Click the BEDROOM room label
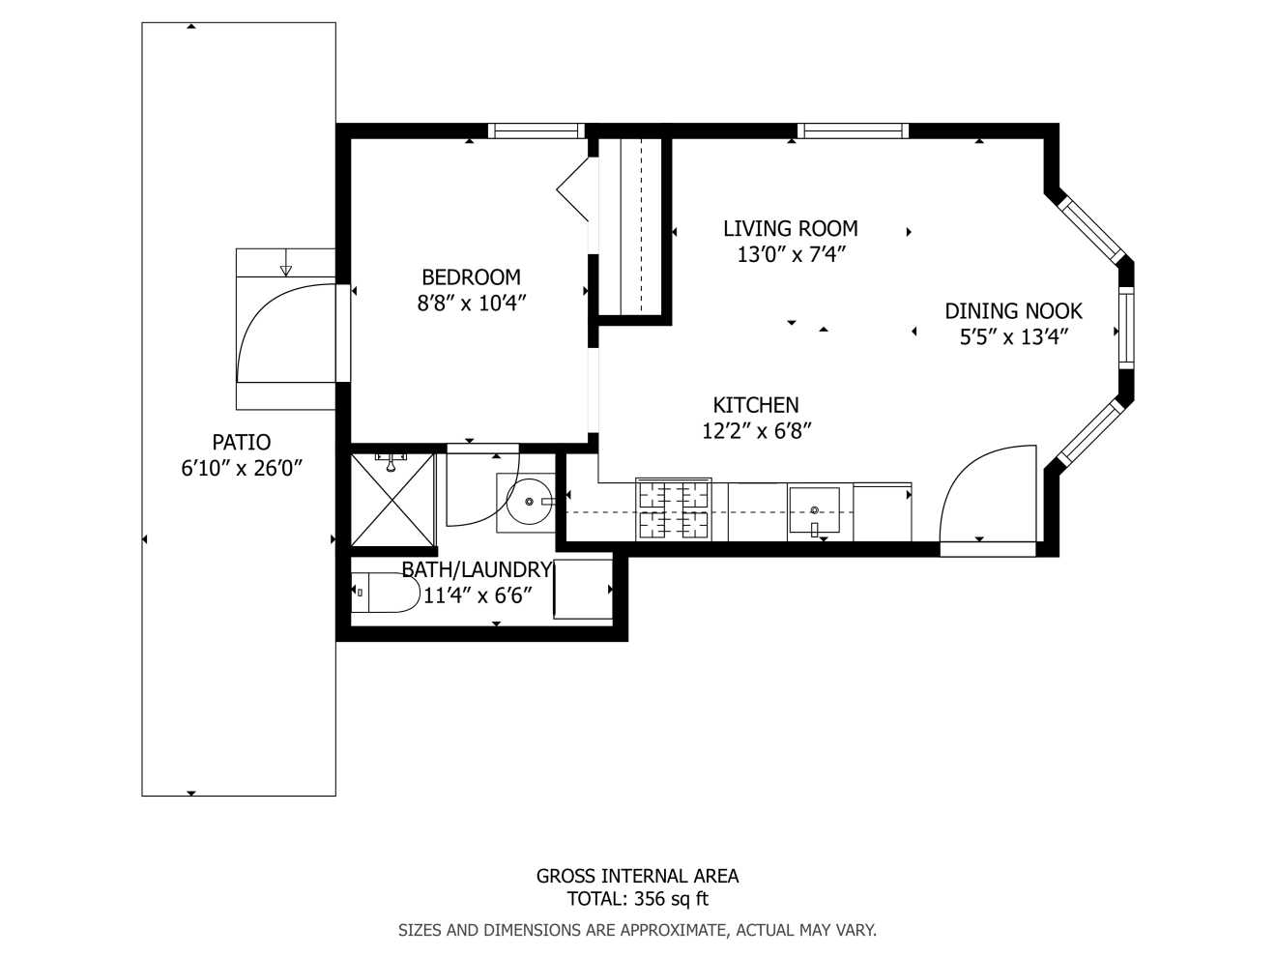(x=471, y=277)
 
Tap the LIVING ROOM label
(x=791, y=229)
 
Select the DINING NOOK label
(x=1013, y=311)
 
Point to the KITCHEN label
(x=756, y=405)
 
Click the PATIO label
(x=242, y=443)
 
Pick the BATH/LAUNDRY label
(x=477, y=570)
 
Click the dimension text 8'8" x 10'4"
(x=472, y=304)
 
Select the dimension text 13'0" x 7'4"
(x=791, y=254)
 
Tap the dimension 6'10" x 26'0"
(x=242, y=468)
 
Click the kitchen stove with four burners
(x=674, y=509)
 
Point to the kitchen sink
(x=814, y=510)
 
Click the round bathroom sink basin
(x=529, y=502)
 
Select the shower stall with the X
(x=393, y=501)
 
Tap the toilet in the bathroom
(x=386, y=593)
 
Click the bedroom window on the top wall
(x=536, y=130)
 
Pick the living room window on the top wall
(x=853, y=130)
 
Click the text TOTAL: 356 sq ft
(x=638, y=899)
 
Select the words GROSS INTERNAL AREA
(x=637, y=876)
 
